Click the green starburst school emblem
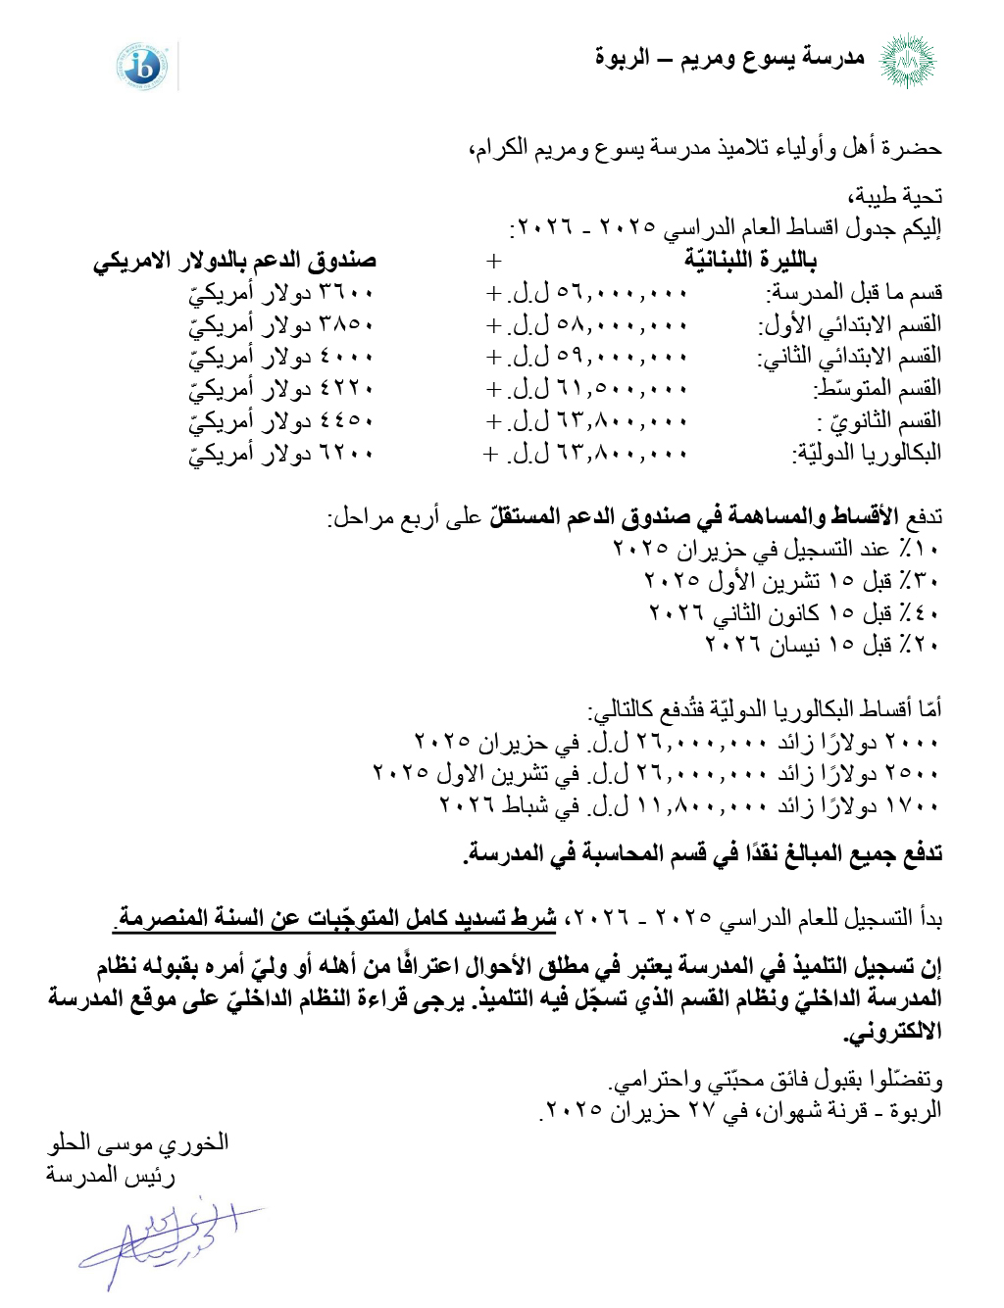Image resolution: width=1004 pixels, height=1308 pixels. [907, 61]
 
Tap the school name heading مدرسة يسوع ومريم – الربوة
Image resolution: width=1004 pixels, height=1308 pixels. [729, 58]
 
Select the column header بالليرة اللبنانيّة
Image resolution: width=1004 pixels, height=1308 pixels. [750, 261]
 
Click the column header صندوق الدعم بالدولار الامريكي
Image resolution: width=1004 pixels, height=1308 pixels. [235, 262]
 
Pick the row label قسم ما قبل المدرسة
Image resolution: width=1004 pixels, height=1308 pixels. [854, 292]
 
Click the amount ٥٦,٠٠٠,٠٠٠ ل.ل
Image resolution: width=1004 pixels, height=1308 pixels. [598, 292]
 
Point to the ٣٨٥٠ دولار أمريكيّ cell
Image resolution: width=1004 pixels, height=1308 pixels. [281, 324]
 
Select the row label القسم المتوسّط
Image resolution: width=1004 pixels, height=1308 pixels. [878, 389]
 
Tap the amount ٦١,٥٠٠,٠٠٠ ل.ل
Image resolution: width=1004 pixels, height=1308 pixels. [598, 389]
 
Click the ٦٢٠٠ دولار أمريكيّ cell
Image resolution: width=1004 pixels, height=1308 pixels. [281, 454]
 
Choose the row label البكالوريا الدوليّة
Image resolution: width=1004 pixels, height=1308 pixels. [868, 454]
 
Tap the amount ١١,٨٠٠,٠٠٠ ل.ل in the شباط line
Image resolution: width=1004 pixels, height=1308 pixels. [677, 805]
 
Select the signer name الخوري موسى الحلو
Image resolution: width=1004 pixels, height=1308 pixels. [138, 1142]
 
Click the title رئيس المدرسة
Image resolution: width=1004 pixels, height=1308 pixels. [111, 1175]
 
